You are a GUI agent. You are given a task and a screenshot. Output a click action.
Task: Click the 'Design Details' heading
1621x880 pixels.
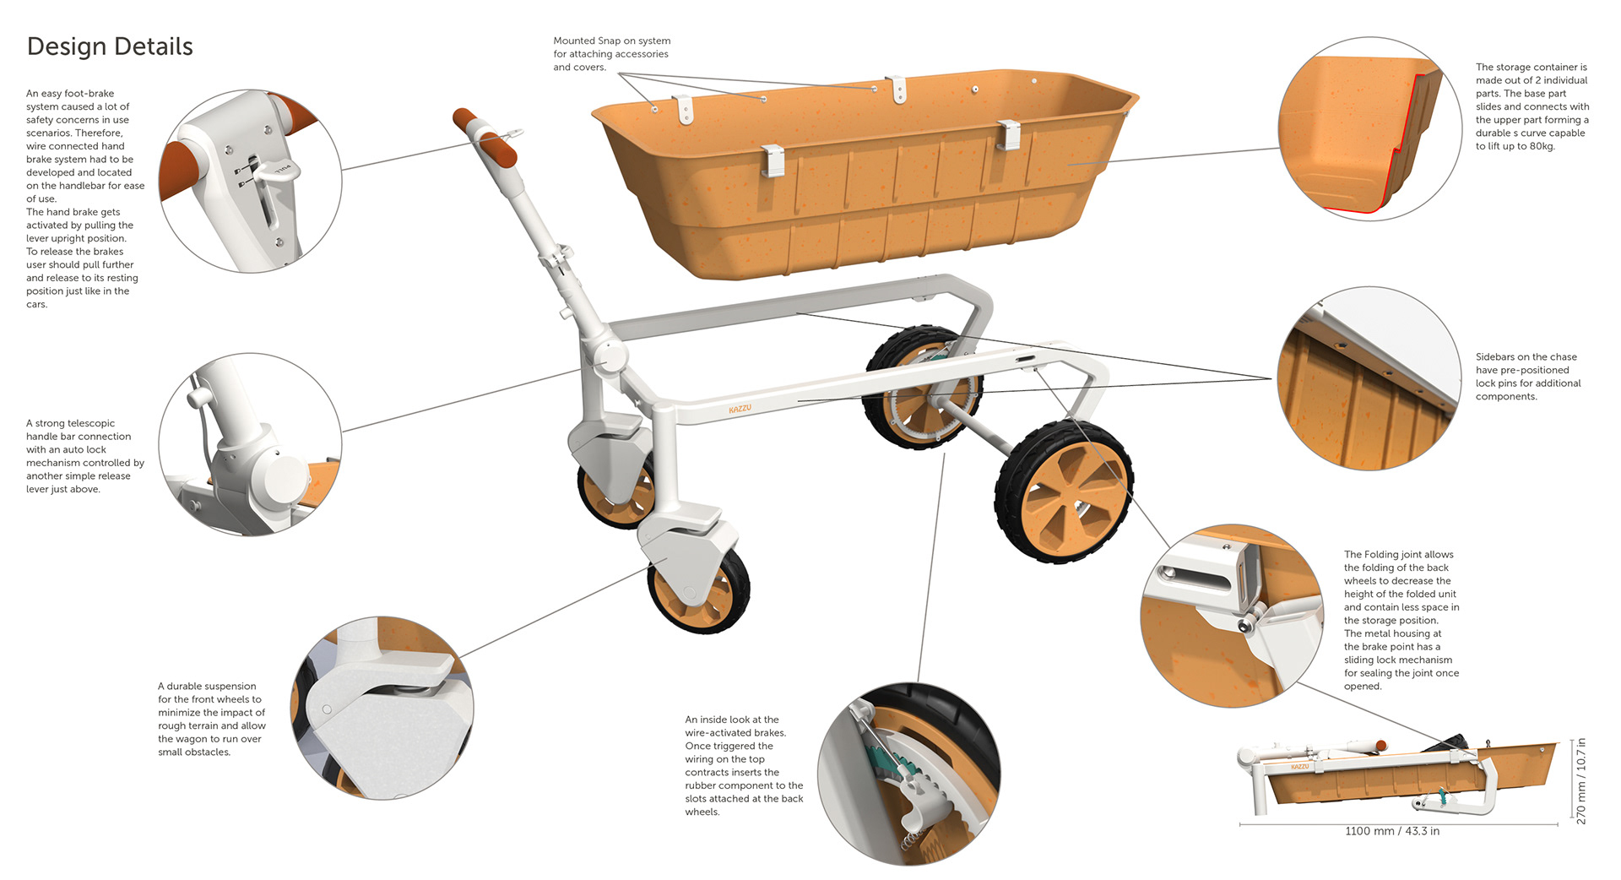point(110,46)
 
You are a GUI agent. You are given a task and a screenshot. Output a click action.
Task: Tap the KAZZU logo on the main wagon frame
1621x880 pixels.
point(740,410)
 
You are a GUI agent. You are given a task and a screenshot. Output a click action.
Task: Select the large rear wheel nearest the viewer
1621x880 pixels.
point(1065,492)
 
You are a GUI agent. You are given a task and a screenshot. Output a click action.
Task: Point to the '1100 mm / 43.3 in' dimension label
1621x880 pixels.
point(1392,831)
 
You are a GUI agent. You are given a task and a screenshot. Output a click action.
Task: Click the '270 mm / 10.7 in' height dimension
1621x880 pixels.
point(1581,781)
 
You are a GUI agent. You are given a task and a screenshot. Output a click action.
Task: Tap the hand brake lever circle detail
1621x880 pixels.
point(250,181)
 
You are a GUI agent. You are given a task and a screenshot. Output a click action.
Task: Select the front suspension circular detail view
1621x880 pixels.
point(382,708)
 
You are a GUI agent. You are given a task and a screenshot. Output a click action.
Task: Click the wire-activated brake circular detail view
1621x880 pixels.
point(908,774)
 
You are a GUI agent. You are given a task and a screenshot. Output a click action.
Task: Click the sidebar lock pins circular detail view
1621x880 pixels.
point(1369,378)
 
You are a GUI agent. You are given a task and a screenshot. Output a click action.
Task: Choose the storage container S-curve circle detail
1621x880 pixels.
point(1369,128)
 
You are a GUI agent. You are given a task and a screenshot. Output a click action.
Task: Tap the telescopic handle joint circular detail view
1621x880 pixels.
point(250,444)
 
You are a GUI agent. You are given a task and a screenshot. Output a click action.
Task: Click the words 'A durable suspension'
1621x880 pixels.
point(207,686)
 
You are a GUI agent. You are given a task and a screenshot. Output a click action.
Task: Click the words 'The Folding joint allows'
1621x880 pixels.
point(1398,554)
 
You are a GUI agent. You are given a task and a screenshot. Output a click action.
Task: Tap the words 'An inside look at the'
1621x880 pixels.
point(731,720)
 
